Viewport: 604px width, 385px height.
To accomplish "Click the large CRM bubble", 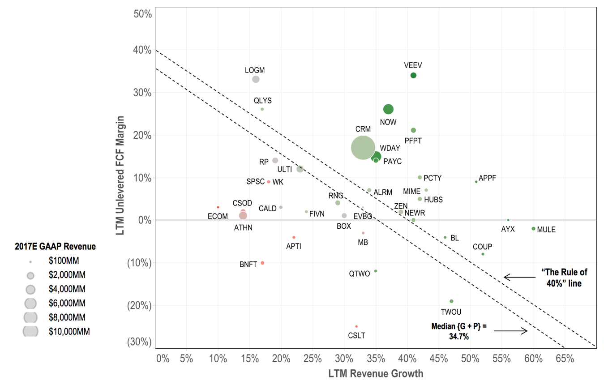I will (363, 147).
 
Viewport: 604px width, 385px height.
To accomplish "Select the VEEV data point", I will (413, 75).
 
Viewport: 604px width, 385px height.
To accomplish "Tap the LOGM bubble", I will (256, 79).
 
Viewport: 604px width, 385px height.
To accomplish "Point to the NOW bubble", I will (388, 109).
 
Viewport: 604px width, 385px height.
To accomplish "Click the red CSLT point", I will (356, 326).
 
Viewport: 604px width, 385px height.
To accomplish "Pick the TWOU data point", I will (451, 301).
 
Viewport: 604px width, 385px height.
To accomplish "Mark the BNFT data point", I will (262, 263).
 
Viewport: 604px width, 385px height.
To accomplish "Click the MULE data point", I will (533, 229).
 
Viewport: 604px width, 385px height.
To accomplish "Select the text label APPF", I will (487, 178).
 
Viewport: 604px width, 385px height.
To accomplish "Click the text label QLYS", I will (262, 101).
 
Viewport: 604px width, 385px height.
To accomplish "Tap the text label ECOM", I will (218, 216).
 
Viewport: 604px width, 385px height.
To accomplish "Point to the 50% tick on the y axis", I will (143, 14).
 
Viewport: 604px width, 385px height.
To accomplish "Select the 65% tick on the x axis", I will (565, 359).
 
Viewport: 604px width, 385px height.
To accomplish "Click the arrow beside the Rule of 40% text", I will (519, 277).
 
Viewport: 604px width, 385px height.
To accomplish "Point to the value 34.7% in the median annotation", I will (459, 336).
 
